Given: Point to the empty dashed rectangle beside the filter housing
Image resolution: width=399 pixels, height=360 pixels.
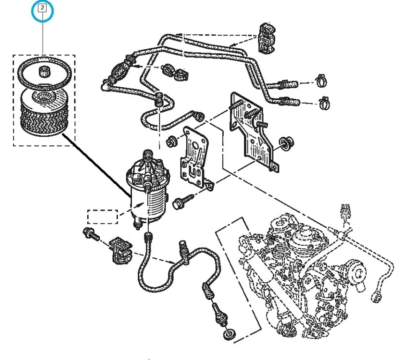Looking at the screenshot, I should [102, 217].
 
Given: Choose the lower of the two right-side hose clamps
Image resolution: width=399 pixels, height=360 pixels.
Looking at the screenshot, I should [323, 101].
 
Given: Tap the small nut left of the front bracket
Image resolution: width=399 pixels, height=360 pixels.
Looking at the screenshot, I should [172, 139].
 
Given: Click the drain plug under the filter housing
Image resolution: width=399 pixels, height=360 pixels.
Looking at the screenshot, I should [137, 225].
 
